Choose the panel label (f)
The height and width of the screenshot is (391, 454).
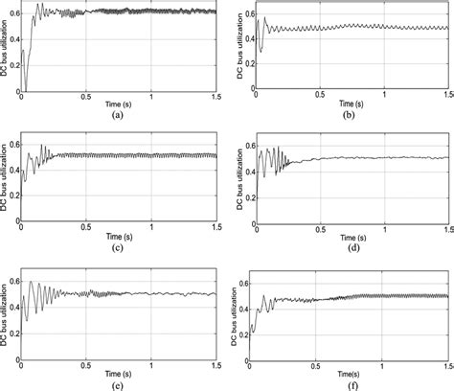pos(352,384)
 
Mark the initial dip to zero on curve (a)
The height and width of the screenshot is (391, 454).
pos(26,86)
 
